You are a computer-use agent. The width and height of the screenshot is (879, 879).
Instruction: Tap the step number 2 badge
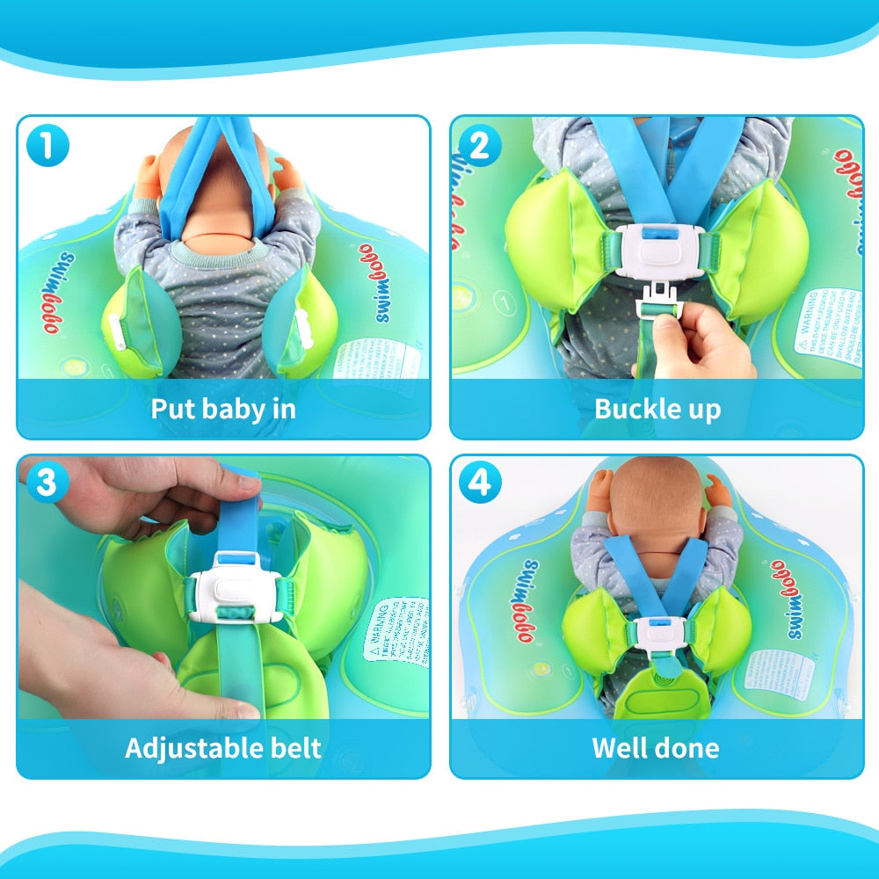479,146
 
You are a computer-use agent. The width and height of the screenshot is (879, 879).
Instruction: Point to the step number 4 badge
479,483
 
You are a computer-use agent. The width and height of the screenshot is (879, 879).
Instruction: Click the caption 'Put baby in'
223,409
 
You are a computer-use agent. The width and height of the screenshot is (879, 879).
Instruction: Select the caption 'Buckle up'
657,409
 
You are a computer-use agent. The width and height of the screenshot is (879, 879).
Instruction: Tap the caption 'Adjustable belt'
223,748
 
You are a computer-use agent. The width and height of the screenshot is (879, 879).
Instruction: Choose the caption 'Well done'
656,748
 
